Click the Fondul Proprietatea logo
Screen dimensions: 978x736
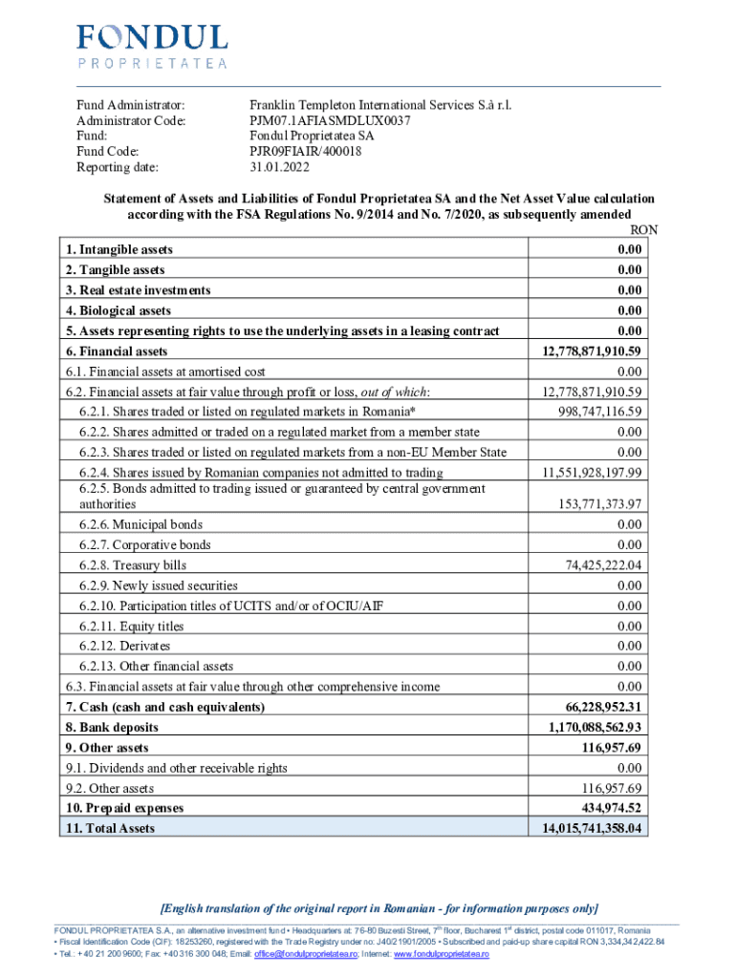pos(152,45)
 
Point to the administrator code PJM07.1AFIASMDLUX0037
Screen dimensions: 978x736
pos(330,120)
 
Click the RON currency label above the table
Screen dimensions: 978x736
pos(644,230)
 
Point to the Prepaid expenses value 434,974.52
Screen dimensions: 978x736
pos(607,808)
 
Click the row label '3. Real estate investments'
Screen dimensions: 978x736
pos(139,289)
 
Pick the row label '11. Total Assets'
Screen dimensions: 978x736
pos(110,828)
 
